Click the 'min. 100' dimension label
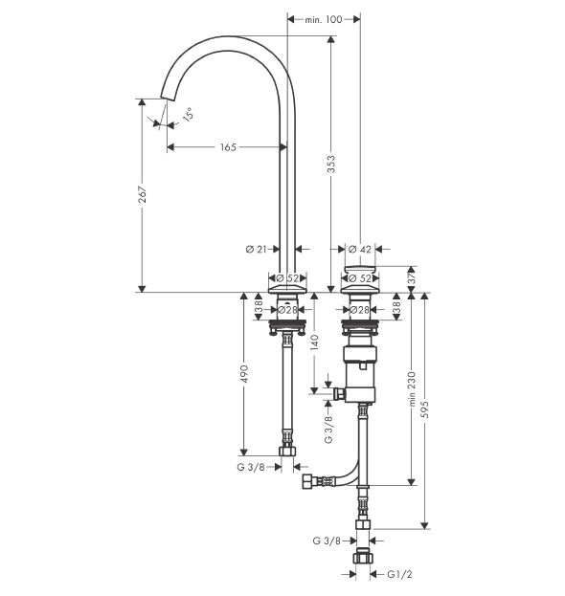click(x=323, y=19)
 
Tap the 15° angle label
click(x=188, y=115)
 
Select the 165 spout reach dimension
click(x=228, y=147)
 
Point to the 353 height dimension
click(x=331, y=164)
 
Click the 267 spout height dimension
click(x=142, y=194)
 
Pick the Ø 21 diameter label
click(x=257, y=250)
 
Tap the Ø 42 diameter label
click(x=359, y=250)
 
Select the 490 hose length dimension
click(x=244, y=374)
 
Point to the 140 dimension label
click(x=315, y=342)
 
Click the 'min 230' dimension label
click(x=412, y=388)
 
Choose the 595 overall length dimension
click(x=425, y=409)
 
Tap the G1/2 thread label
click(x=399, y=574)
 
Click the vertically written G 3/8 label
click(x=328, y=430)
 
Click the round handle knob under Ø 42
click(x=360, y=270)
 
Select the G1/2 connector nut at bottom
click(x=363, y=558)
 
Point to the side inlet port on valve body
click(x=338, y=394)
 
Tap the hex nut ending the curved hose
click(x=306, y=481)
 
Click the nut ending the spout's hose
click(x=287, y=452)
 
